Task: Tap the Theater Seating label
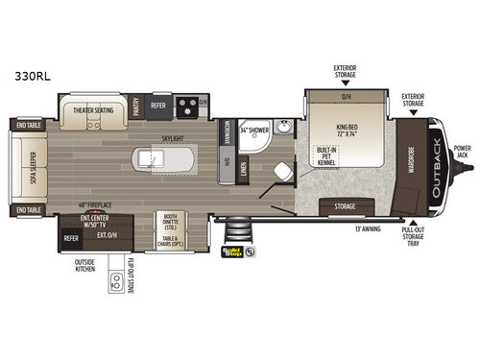click(x=94, y=110)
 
